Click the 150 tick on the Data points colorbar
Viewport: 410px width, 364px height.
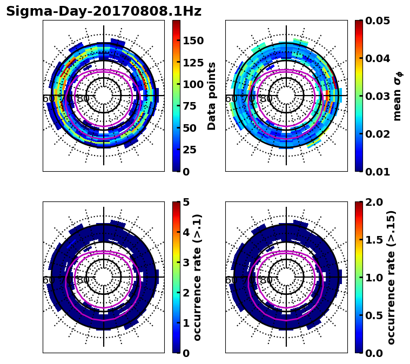193,41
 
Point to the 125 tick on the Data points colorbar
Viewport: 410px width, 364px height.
193,63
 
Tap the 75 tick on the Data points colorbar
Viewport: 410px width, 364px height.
193,106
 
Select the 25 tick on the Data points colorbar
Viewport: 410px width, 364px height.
193,150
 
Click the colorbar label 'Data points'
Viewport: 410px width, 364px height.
212,96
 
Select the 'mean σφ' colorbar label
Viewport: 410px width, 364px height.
397,96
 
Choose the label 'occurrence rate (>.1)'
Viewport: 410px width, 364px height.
198,277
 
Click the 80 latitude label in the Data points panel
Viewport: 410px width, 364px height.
83,99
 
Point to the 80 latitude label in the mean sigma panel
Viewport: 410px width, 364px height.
266,99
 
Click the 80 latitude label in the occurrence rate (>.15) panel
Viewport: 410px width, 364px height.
266,280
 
